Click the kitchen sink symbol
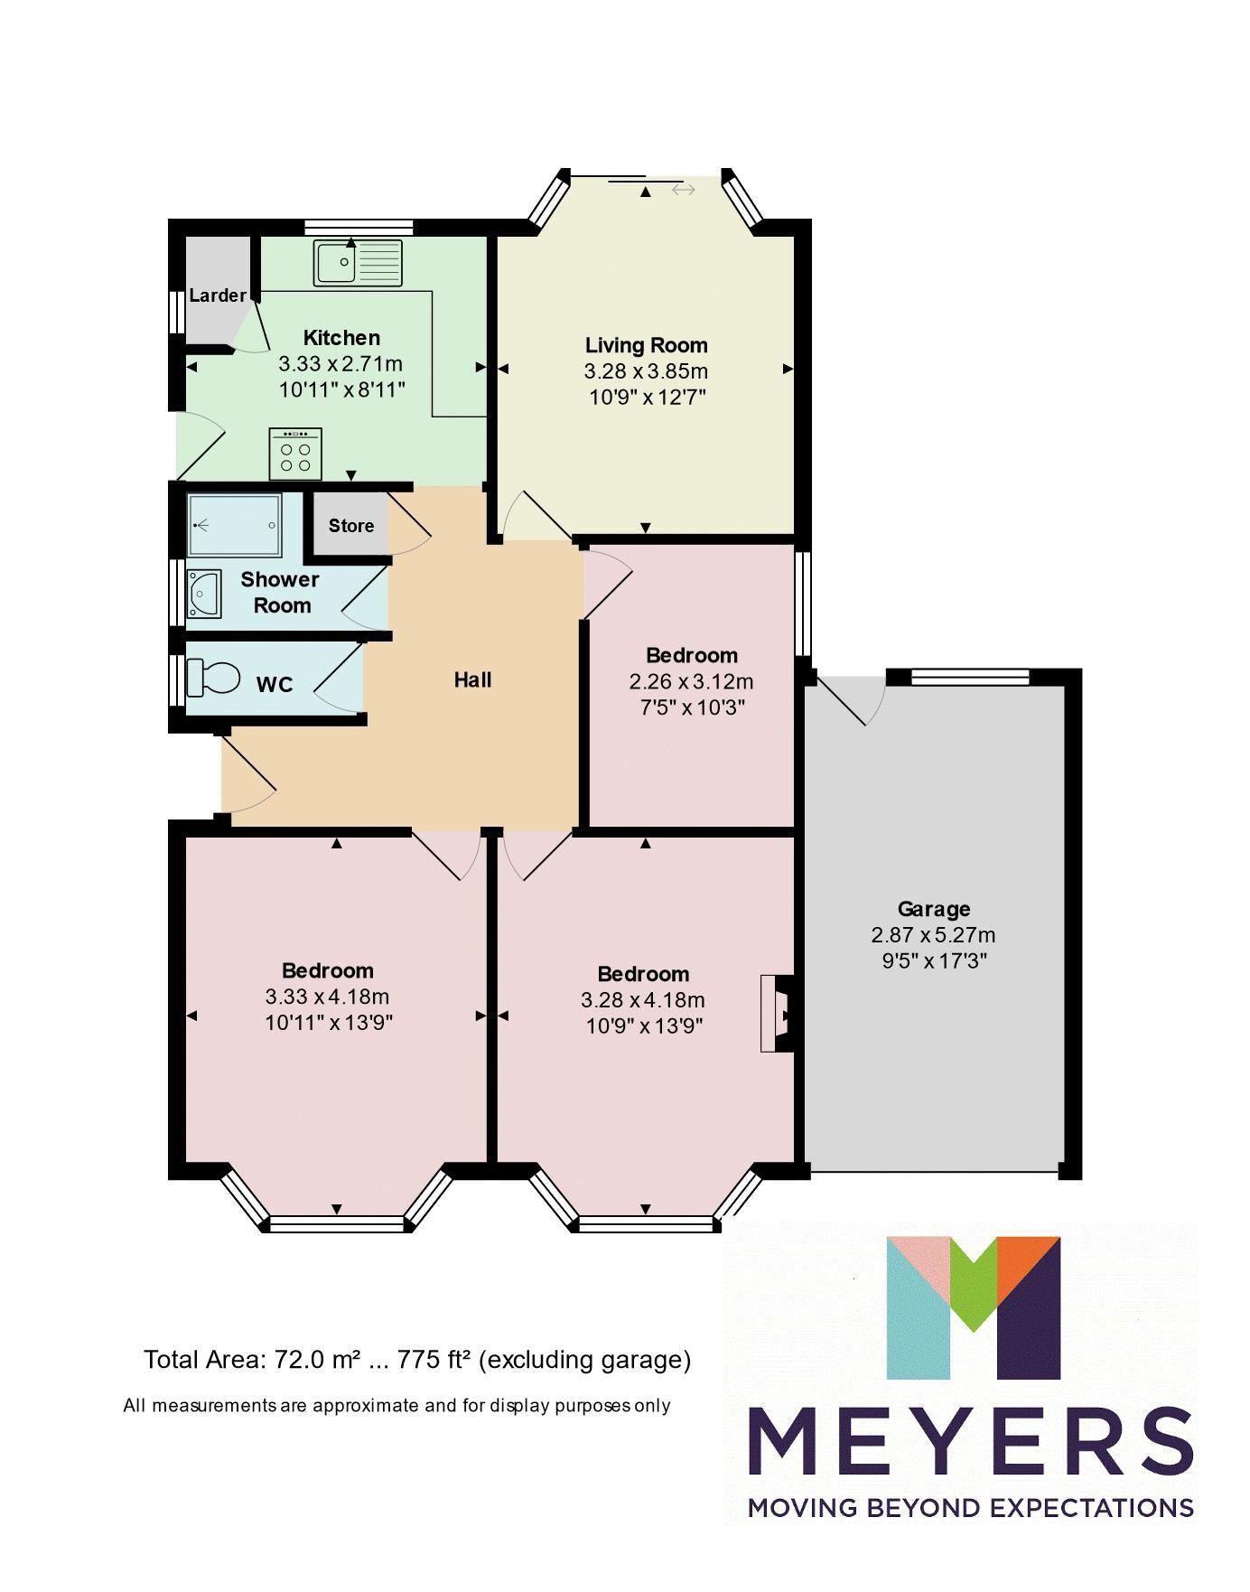click(358, 261)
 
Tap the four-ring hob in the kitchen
click(295, 454)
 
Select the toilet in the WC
click(213, 678)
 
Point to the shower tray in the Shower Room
click(234, 525)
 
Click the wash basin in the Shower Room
click(204, 594)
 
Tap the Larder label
click(218, 295)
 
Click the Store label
click(350, 526)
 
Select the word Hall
click(472, 679)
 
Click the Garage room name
click(934, 909)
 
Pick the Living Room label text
click(646, 344)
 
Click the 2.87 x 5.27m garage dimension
click(934, 935)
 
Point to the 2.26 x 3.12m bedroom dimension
click(692, 681)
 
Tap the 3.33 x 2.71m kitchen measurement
click(340, 364)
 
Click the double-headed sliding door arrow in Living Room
click(684, 190)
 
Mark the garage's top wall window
click(970, 676)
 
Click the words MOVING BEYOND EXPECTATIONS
click(971, 1507)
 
